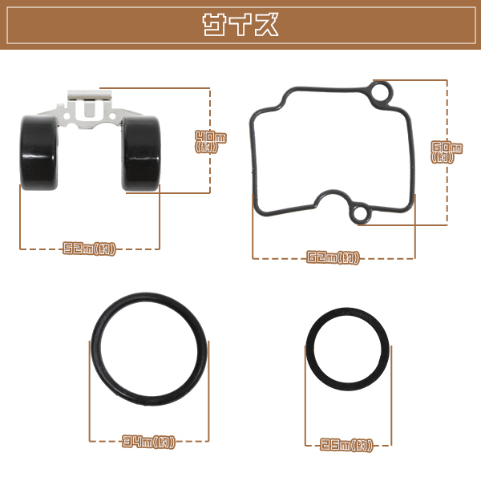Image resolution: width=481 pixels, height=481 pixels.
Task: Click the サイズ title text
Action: pyautogui.click(x=240, y=25)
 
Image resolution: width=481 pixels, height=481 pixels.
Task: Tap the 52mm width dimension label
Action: pyautogui.click(x=89, y=249)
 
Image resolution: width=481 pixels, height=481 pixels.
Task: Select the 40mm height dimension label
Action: pyautogui.click(x=211, y=141)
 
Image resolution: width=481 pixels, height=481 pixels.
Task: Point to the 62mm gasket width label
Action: pyautogui.click(x=333, y=257)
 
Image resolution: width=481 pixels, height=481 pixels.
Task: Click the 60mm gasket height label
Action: pyautogui.click(x=447, y=152)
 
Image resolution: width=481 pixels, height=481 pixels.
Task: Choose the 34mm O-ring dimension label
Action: pyautogui.click(x=149, y=442)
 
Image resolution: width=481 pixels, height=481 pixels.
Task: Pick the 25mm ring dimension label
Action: pyautogui.click(x=347, y=445)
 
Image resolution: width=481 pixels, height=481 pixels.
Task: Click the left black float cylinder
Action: pyautogui.click(x=39, y=153)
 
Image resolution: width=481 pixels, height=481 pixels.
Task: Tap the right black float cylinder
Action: pyautogui.click(x=141, y=154)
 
